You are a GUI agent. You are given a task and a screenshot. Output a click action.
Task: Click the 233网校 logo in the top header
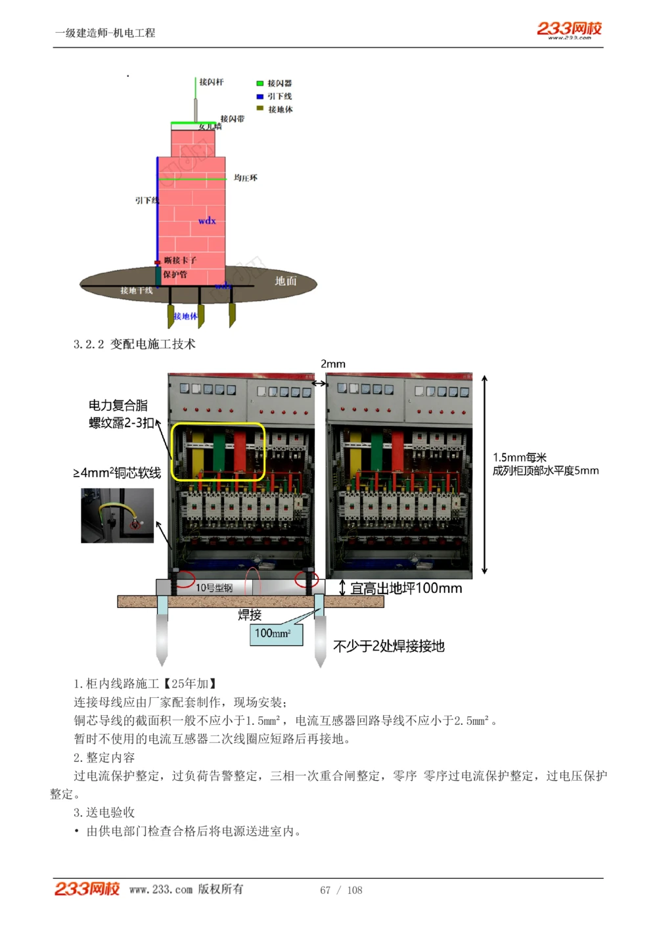coord(569,29)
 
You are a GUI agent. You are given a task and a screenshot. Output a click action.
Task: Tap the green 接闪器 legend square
coord(260,83)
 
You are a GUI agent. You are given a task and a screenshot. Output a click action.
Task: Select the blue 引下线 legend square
coord(260,97)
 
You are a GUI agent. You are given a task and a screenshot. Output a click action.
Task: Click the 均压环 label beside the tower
coord(246,178)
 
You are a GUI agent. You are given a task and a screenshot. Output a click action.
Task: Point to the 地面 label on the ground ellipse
coord(286,281)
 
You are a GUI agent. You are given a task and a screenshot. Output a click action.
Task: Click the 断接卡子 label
coord(180,260)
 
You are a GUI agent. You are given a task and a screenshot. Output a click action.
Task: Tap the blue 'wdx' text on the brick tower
coord(207,221)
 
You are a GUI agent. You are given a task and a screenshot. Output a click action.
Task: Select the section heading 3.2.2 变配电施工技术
coord(135,344)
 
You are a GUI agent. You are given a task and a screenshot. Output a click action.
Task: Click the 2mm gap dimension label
coord(333,364)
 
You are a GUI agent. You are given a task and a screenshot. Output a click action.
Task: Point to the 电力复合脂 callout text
coord(118,406)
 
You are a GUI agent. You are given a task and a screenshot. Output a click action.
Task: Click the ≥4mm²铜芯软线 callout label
coord(117,473)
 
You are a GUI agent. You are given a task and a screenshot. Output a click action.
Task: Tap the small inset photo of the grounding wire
coord(117,516)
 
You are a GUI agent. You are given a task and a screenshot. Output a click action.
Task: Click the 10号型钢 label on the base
coord(214,588)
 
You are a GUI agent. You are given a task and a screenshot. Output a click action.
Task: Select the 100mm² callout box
coord(276,634)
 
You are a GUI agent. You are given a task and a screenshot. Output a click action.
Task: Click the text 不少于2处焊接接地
coord(389,647)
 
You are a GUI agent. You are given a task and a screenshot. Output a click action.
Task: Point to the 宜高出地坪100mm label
coord(406,589)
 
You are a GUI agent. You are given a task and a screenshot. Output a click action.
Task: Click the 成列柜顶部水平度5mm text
coord(545,471)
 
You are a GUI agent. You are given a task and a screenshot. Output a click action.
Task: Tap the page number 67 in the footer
coord(325,890)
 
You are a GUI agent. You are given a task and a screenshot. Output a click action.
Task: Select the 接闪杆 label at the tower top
coord(212,82)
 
